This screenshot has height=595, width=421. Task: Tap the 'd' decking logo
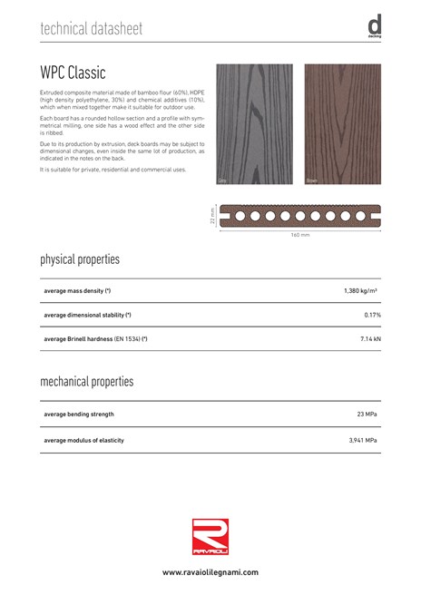pyautogui.click(x=374, y=27)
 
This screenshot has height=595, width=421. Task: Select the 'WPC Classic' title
pyautogui.click(x=73, y=72)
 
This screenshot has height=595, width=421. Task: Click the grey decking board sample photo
pyautogui.click(x=254, y=124)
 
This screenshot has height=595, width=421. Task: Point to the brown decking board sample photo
pyautogui.click(x=342, y=124)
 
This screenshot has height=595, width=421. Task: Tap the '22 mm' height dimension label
pyautogui.click(x=211, y=218)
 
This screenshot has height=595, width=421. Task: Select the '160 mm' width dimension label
pyautogui.click(x=300, y=236)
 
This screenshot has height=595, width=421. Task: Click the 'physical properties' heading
pyautogui.click(x=80, y=260)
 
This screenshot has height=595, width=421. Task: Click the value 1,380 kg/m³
pyautogui.click(x=361, y=291)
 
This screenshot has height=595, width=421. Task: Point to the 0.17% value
pyautogui.click(x=371, y=315)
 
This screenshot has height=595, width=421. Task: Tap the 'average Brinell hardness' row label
pyautogui.click(x=95, y=338)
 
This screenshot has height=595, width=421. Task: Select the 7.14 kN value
pyautogui.click(x=368, y=338)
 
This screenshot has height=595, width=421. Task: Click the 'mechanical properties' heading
pyautogui.click(x=86, y=382)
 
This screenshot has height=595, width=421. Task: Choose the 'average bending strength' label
pyautogui.click(x=79, y=415)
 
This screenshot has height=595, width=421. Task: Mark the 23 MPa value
pyautogui.click(x=367, y=415)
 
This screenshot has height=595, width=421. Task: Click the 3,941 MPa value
pyautogui.click(x=363, y=440)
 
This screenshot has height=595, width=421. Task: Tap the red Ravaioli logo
pyautogui.click(x=210, y=534)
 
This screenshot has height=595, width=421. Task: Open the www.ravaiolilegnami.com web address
pyautogui.click(x=210, y=573)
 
